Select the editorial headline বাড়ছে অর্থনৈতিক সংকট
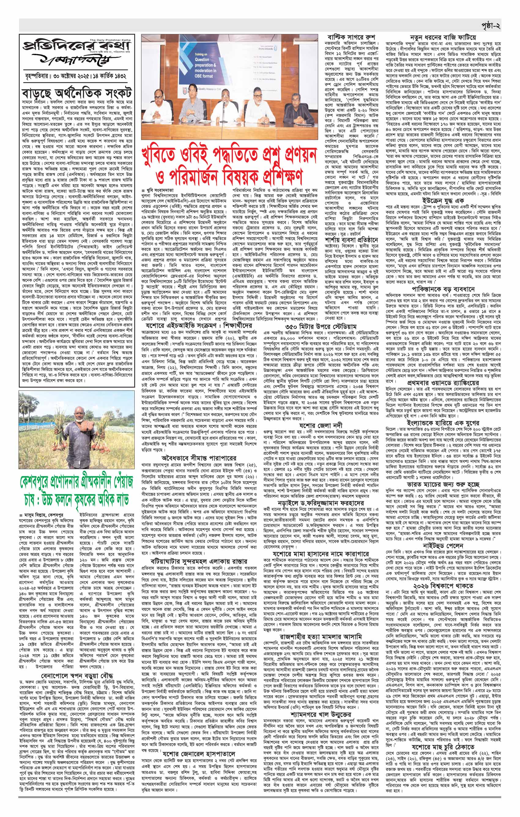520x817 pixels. tap(74, 93)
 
